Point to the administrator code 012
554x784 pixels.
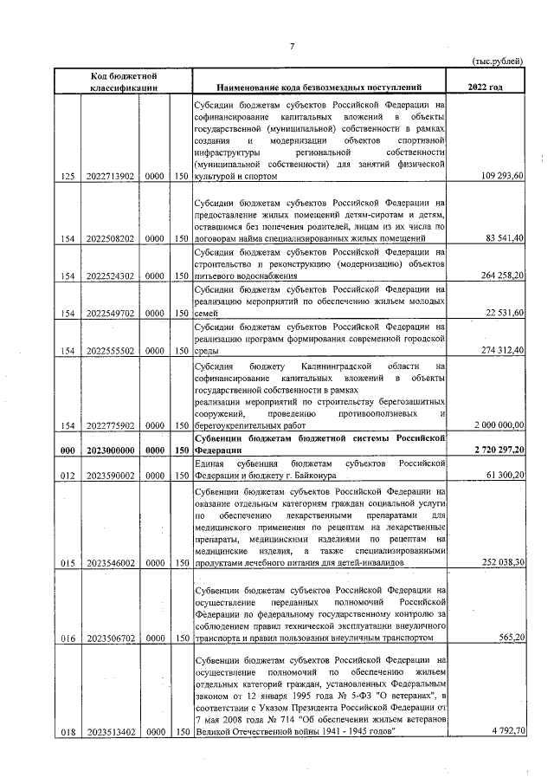[x=68, y=477]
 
